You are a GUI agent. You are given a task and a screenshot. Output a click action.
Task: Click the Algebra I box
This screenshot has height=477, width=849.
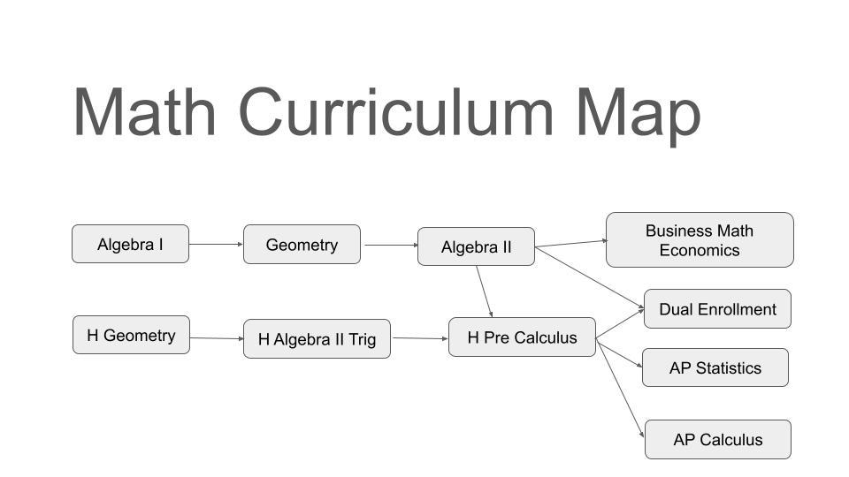coord(130,244)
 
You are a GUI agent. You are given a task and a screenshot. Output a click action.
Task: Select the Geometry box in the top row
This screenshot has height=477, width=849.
coord(302,245)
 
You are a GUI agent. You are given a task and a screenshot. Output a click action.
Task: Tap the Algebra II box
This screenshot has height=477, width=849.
coord(476,246)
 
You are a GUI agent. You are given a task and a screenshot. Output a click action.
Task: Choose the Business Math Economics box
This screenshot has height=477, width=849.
coord(699,239)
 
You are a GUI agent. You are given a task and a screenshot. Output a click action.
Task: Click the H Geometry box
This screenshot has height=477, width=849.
coord(131,335)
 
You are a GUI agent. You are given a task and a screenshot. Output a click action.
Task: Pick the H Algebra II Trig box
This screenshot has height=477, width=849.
coord(317,338)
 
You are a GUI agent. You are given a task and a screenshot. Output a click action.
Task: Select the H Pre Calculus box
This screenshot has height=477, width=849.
coord(522,337)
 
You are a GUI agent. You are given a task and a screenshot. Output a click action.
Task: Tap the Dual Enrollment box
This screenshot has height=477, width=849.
coord(717,309)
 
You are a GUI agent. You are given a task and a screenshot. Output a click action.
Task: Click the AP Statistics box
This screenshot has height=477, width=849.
coord(715,367)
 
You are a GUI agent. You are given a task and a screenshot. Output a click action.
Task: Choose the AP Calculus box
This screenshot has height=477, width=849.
coord(717,439)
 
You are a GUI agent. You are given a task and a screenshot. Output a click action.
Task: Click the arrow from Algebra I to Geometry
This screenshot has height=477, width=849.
coord(216,244)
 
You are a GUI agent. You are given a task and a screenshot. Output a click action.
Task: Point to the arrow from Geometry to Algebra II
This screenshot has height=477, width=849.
coord(389,245)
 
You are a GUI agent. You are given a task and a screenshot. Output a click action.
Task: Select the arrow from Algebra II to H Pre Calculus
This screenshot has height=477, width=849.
coord(484,291)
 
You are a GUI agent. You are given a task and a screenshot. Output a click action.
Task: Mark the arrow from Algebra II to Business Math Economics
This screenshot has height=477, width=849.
coord(570,243)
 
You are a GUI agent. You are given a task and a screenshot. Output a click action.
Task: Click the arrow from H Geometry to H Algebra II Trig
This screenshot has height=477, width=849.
coord(217,337)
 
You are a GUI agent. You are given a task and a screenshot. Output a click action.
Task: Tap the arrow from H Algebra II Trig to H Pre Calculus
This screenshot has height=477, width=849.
coord(419,337)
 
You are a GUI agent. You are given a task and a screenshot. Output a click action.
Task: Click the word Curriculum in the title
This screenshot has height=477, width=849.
coord(395,113)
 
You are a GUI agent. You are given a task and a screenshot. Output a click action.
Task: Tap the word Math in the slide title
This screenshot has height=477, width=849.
coord(144,112)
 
